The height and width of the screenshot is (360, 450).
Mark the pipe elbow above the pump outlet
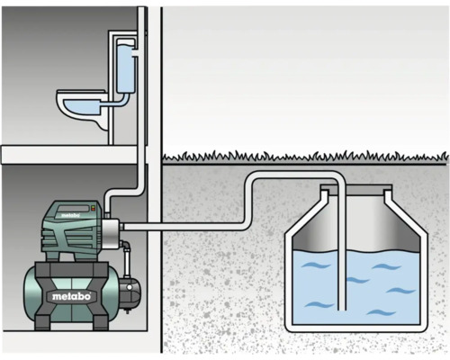coord(113,194)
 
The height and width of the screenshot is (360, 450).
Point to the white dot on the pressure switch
coord(135,290)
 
